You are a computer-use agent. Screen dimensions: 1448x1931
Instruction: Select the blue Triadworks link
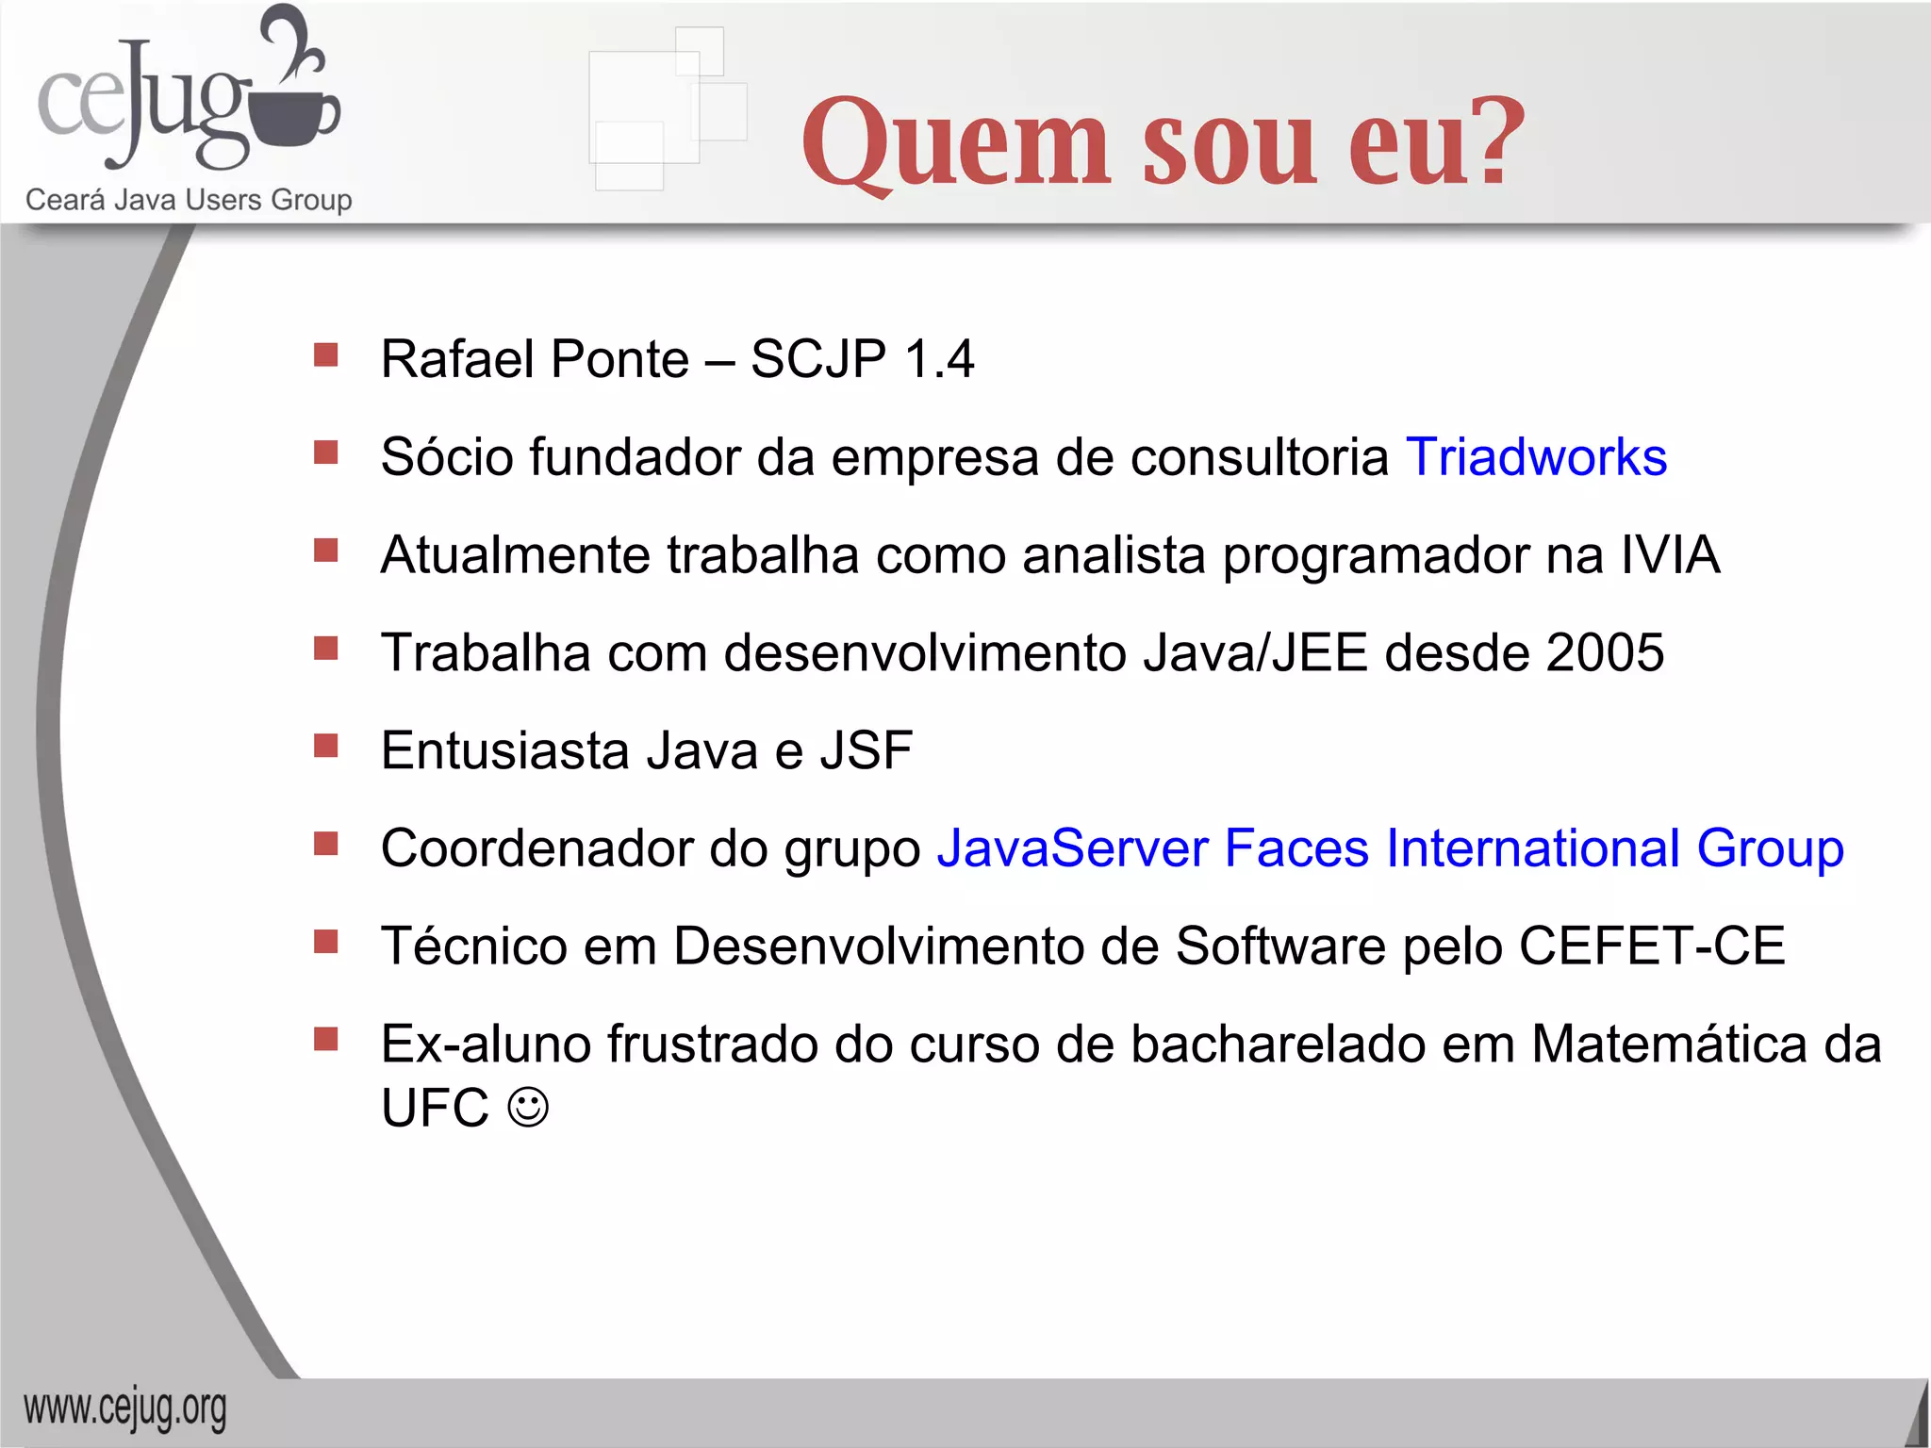point(1536,457)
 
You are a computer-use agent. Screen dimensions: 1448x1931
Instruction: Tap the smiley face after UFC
point(528,1107)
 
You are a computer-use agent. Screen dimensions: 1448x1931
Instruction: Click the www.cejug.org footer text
point(125,1409)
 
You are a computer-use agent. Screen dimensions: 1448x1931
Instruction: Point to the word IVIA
point(1670,554)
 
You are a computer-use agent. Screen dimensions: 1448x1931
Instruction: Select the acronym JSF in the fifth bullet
point(866,750)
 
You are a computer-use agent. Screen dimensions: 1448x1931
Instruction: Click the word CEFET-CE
point(1652,946)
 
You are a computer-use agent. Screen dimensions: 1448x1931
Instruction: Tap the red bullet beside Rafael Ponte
point(326,355)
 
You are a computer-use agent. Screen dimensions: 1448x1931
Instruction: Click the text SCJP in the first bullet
point(818,359)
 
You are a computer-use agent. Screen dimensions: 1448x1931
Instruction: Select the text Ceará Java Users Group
point(189,200)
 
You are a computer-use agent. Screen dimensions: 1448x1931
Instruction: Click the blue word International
point(1533,847)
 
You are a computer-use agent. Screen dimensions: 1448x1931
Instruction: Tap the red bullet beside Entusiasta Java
point(326,747)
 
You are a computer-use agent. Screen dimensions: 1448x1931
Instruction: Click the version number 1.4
point(938,359)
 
